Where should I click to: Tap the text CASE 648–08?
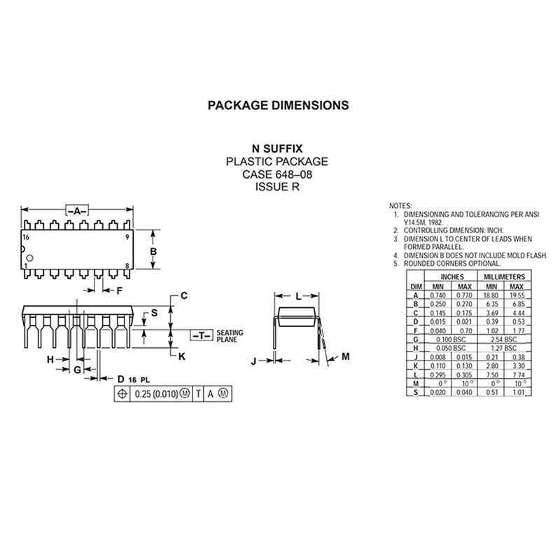tap(276, 174)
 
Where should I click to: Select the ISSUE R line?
tap(276, 187)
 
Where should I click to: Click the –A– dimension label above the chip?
tap(77, 209)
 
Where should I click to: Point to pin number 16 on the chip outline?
tap(27, 238)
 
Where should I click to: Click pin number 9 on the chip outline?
tap(127, 238)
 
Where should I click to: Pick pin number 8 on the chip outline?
tap(127, 266)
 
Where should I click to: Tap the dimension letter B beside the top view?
tap(153, 252)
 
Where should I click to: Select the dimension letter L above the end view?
tap(298, 296)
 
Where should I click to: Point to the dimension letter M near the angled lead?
tap(346, 357)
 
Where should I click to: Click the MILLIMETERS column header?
tap(501, 277)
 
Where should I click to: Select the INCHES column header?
tap(451, 277)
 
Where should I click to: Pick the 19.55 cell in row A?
tap(517, 295)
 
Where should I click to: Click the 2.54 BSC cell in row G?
tap(501, 339)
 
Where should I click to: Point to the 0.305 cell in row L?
tap(463, 375)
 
